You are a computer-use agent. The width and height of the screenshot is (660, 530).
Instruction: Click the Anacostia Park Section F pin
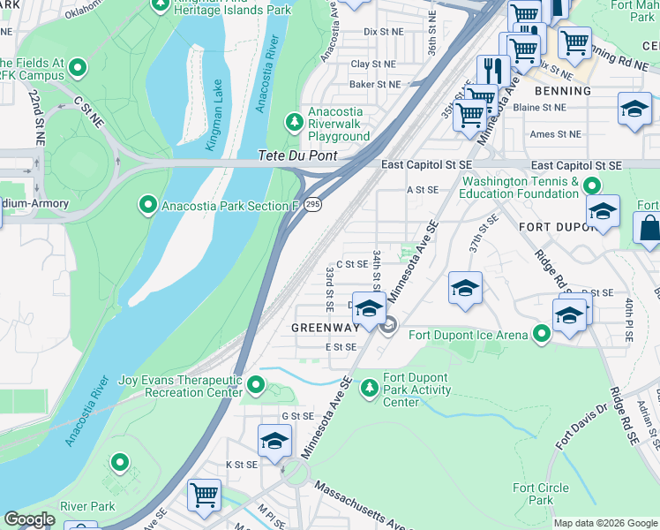tap(148, 206)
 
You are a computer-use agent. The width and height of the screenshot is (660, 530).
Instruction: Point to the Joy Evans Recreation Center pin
tap(256, 385)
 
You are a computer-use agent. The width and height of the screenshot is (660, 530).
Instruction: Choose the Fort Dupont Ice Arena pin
tap(542, 334)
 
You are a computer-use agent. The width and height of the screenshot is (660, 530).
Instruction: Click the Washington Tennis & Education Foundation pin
tap(591, 185)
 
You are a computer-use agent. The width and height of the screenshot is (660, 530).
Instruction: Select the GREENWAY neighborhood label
tap(325, 327)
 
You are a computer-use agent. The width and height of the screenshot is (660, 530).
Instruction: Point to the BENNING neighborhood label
tap(562, 91)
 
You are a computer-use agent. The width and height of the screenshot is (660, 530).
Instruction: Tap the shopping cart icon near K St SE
tap(204, 494)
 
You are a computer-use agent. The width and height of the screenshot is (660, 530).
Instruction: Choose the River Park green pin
tap(118, 463)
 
